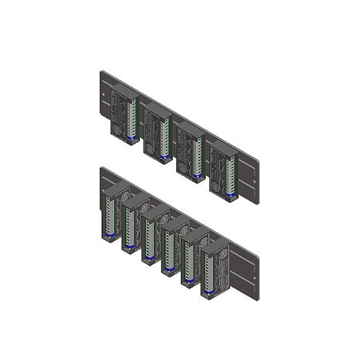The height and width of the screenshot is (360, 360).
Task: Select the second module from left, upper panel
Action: click(x=157, y=134)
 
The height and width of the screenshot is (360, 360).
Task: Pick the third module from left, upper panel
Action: click(x=189, y=152)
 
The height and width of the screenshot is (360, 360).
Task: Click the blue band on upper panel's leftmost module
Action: click(x=130, y=140)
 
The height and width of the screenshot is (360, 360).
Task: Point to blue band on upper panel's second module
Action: click(x=163, y=157)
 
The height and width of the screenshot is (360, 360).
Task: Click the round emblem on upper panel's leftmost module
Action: click(x=119, y=130)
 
